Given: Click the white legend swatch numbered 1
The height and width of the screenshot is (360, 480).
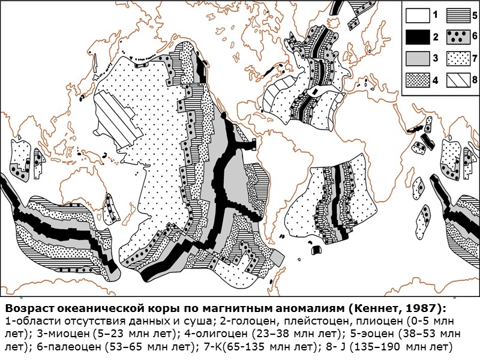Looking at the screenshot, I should [x=416, y=14].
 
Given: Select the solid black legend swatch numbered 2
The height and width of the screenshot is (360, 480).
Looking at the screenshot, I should [x=416, y=37].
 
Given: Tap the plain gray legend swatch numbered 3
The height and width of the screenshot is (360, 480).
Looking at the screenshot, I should [x=416, y=58].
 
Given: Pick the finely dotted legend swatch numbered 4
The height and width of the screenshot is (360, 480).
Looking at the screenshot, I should [x=416, y=80].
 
